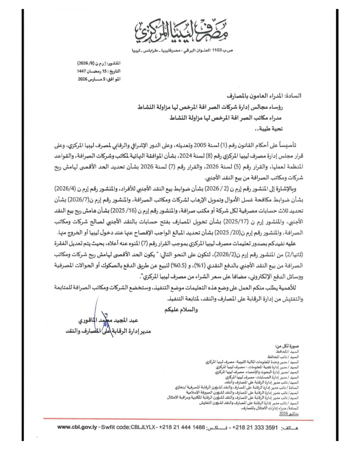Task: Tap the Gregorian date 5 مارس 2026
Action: (x=99, y=79)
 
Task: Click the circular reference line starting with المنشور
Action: (x=99, y=63)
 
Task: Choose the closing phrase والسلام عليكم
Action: (x=181, y=310)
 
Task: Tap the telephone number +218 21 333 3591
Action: (x=255, y=427)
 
